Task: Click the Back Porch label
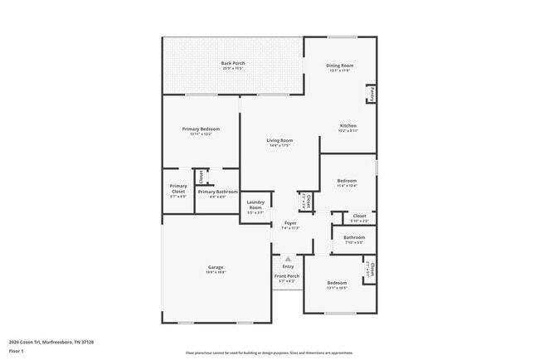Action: pyautogui.click(x=232, y=64)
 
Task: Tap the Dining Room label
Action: pyautogui.click(x=339, y=66)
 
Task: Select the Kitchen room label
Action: pyautogui.click(x=347, y=126)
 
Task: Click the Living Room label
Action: pyautogui.click(x=279, y=141)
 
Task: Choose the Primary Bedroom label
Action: pyautogui.click(x=201, y=129)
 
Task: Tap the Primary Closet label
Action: pyautogui.click(x=178, y=189)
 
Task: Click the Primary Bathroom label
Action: pyautogui.click(x=217, y=192)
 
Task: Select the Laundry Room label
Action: pyautogui.click(x=255, y=205)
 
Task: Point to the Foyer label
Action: pyautogui.click(x=290, y=223)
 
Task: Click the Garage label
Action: pyautogui.click(x=216, y=267)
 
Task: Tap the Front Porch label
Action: pyautogui.click(x=287, y=275)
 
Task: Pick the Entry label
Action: pyautogui.click(x=288, y=266)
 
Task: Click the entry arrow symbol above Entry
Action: pyautogui.click(x=288, y=258)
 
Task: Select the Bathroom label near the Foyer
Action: pyautogui.click(x=354, y=238)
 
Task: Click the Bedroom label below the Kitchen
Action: pyautogui.click(x=347, y=181)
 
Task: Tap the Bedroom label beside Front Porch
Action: pyautogui.click(x=336, y=284)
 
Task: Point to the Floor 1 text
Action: pyautogui.click(x=17, y=351)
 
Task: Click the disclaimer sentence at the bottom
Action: pyautogui.click(x=269, y=353)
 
